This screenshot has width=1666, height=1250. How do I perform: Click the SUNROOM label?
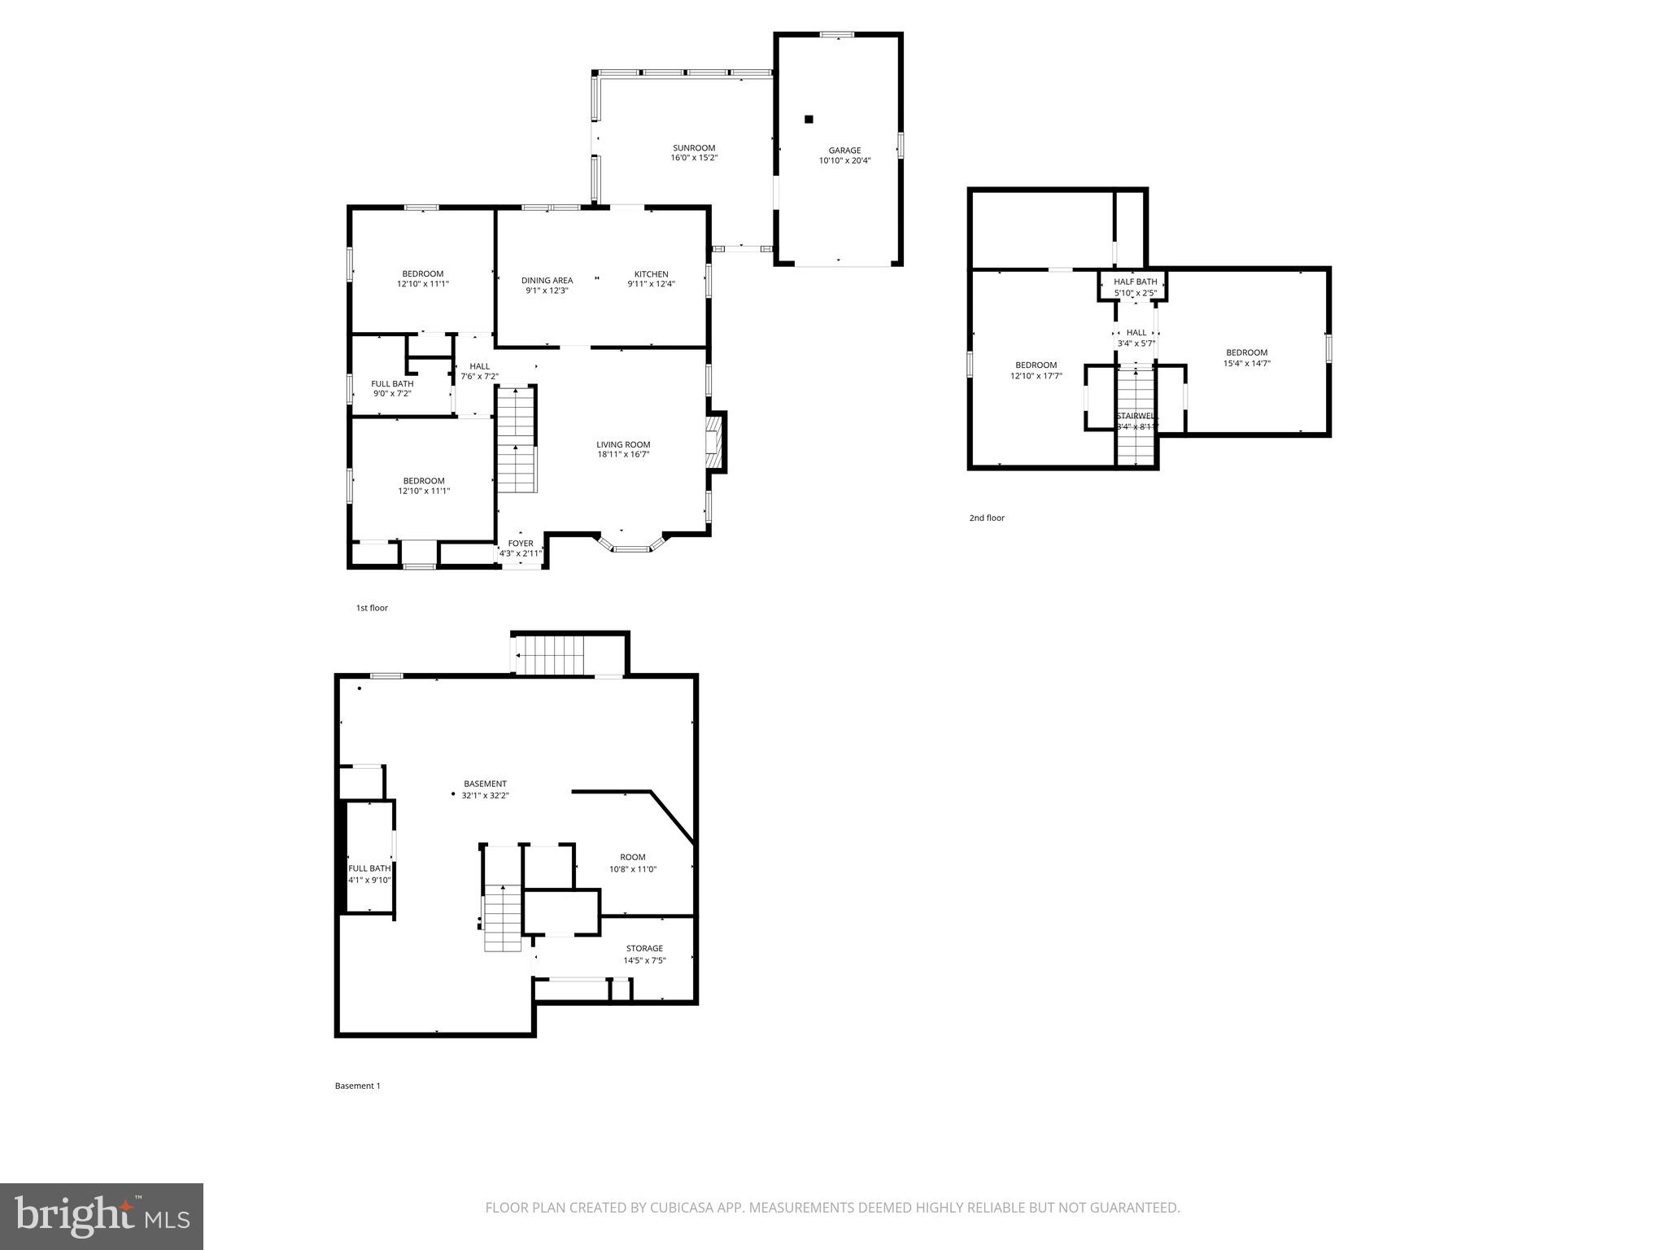pyautogui.click(x=694, y=148)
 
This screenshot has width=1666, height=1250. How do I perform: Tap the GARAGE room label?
pyautogui.click(x=844, y=151)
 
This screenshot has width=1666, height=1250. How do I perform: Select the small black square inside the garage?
pyautogui.click(x=809, y=120)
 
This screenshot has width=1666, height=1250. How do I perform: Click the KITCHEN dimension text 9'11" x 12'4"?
pyautogui.click(x=651, y=284)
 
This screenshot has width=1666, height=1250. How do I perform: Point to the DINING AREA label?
pyautogui.click(x=547, y=281)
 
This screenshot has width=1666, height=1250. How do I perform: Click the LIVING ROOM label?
pyautogui.click(x=623, y=445)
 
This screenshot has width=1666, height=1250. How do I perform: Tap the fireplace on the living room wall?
pyautogui.click(x=714, y=442)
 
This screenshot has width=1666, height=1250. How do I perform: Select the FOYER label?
pyautogui.click(x=521, y=544)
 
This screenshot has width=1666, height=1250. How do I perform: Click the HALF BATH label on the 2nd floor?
pyautogui.click(x=1135, y=282)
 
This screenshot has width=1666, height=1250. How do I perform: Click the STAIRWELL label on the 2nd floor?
pyautogui.click(x=1136, y=416)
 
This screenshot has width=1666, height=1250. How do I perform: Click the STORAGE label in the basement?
pyautogui.click(x=644, y=948)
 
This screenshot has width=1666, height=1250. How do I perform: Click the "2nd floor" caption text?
pyautogui.click(x=986, y=518)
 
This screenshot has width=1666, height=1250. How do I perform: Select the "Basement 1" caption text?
pyautogui.click(x=357, y=1086)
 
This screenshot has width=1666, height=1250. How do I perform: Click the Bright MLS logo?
pyautogui.click(x=102, y=1216)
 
